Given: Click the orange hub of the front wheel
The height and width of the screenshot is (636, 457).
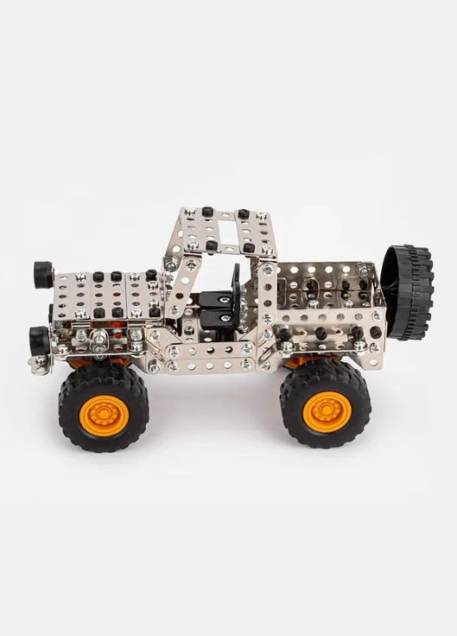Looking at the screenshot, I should [x=104, y=414].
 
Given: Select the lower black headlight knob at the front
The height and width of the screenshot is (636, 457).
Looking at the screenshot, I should [x=38, y=337].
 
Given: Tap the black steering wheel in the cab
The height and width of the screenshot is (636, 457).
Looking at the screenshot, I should [x=234, y=289].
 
